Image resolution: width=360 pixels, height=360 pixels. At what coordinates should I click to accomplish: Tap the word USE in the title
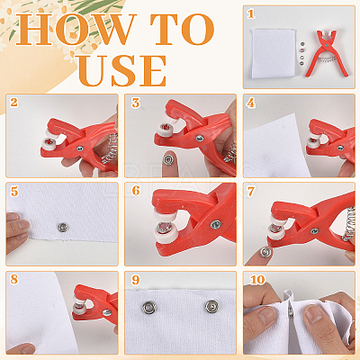click(x=122, y=70)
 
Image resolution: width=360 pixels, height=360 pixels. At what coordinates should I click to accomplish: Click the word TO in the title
click(x=182, y=29)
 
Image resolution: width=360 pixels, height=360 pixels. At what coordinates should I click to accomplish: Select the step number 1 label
click(x=251, y=13)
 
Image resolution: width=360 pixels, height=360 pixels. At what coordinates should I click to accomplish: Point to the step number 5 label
click(x=14, y=191)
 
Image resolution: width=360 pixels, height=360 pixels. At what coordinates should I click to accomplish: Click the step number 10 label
click(x=257, y=280)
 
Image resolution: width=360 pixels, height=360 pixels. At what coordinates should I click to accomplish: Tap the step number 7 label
click(x=251, y=192)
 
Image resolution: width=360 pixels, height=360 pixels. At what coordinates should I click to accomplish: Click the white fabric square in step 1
click(x=273, y=53)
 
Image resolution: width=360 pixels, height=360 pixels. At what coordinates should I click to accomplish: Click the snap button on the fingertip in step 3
click(x=167, y=159)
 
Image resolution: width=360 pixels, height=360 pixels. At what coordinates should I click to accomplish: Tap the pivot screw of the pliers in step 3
click(x=200, y=138)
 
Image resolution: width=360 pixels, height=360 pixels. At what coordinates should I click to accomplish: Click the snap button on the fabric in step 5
click(x=62, y=228)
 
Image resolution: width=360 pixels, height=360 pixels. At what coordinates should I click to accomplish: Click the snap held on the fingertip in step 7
click(x=265, y=252)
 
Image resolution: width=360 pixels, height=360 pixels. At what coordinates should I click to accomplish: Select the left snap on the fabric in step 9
click(x=149, y=308)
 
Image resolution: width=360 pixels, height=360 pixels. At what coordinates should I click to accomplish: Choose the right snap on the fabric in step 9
click(x=211, y=306)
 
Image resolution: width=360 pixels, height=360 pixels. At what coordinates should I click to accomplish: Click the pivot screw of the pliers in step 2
click(x=80, y=148)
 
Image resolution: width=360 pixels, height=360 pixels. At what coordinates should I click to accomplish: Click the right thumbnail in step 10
click(x=312, y=312)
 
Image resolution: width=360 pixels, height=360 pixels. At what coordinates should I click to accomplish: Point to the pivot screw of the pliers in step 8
click(x=107, y=312)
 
